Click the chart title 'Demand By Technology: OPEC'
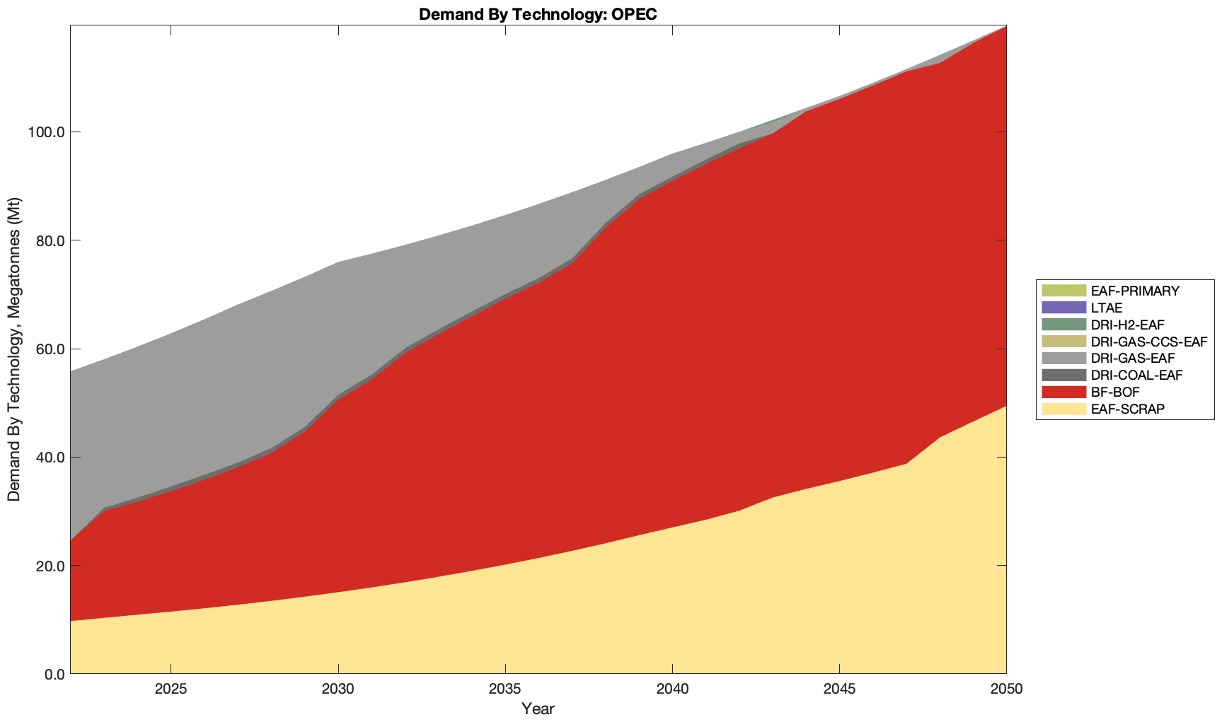click(x=538, y=14)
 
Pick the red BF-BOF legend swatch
click(x=1063, y=392)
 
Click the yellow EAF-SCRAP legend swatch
click(x=1063, y=409)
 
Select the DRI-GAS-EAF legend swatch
click(x=1063, y=359)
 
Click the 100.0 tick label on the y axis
click(x=46, y=132)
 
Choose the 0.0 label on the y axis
click(x=52, y=675)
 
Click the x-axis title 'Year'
click(x=538, y=709)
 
